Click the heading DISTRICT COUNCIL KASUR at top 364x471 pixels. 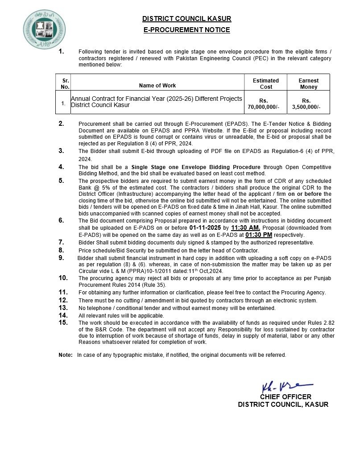[x=186, y=19]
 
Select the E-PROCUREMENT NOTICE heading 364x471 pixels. [x=186, y=30]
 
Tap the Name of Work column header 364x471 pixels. [x=157, y=86]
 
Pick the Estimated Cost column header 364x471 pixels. [x=266, y=84]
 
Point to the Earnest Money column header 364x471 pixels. [x=309, y=84]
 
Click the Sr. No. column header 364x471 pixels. [x=65, y=84]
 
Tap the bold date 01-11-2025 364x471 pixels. [x=205, y=227]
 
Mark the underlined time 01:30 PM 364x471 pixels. [x=258, y=235]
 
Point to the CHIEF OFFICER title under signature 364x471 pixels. [x=285, y=397]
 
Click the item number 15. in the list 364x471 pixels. [x=63, y=322]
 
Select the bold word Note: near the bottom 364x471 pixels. [x=65, y=355]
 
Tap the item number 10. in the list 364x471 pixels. [x=63, y=278]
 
